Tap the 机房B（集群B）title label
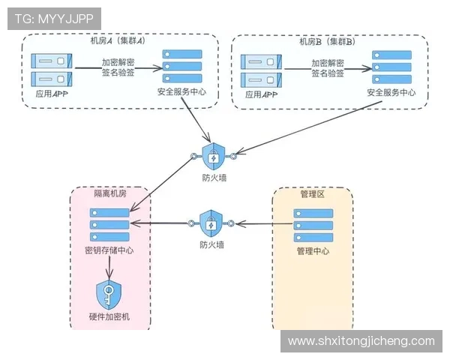point(331,41)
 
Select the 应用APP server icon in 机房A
point(49,70)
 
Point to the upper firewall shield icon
point(213,155)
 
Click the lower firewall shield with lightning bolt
point(211,223)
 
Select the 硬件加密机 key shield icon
point(109,293)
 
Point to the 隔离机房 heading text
point(109,194)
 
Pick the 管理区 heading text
point(312,194)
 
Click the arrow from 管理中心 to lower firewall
point(262,223)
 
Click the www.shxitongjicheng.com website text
point(361,340)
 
